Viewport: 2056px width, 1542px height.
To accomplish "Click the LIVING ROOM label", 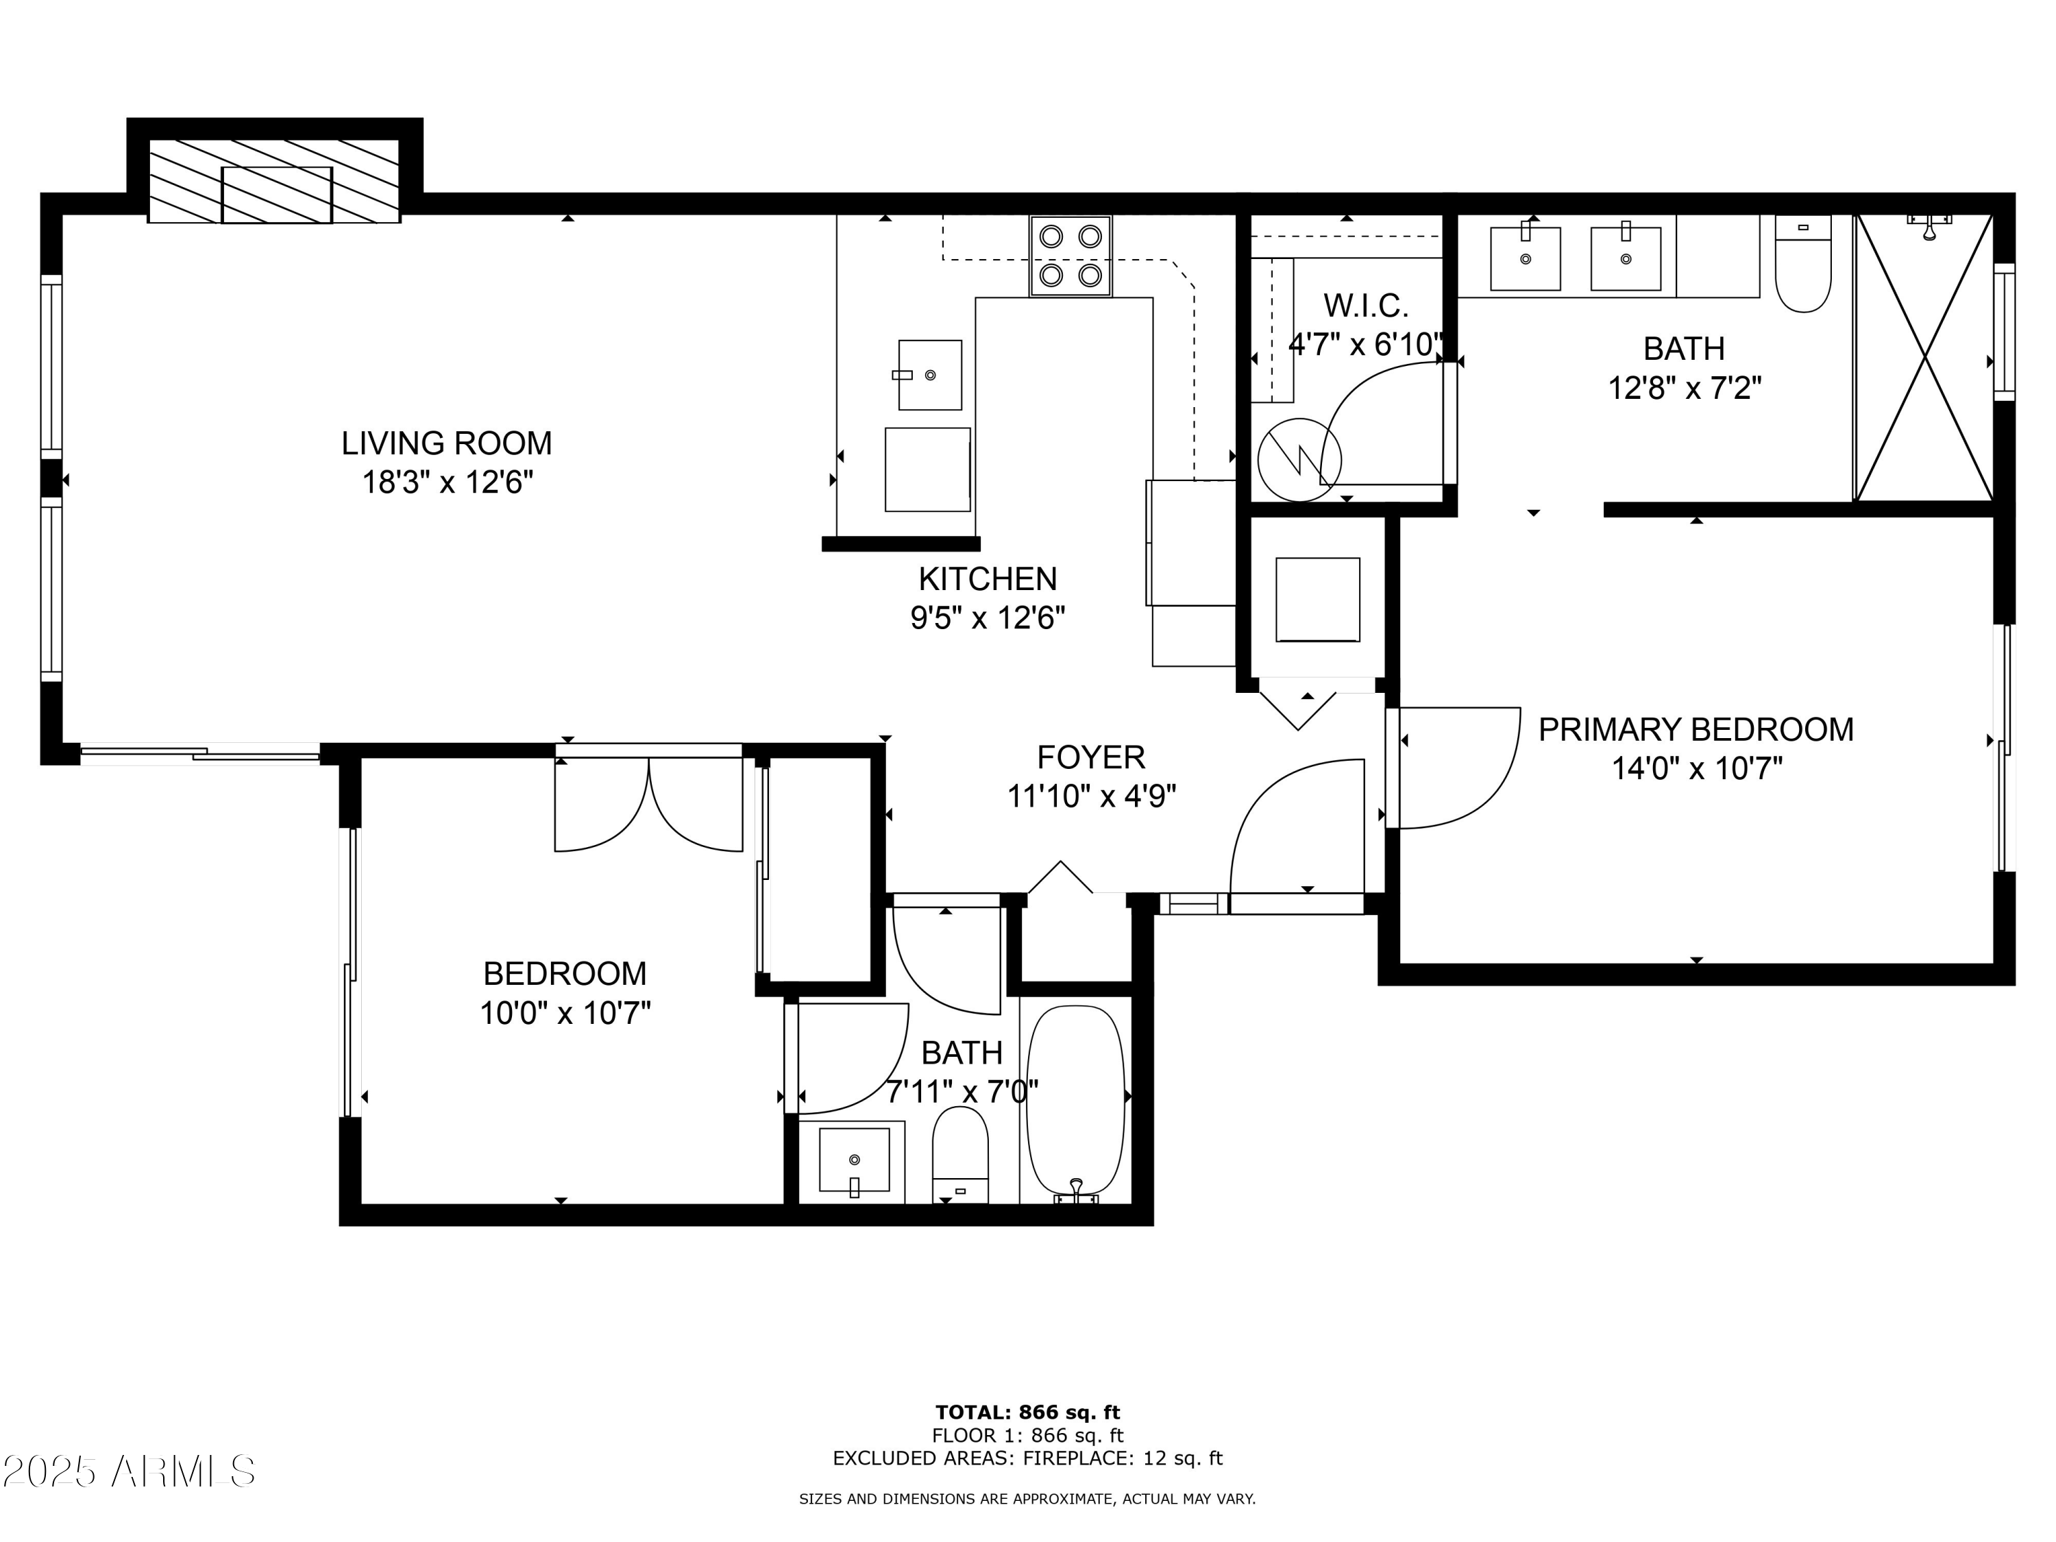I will [446, 443].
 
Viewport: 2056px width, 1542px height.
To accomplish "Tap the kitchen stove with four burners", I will [1070, 256].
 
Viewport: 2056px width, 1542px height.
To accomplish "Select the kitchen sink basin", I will [929, 375].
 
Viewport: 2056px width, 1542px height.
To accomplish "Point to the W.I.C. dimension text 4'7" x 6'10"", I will [1365, 345].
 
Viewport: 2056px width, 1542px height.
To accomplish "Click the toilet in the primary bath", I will [1803, 265].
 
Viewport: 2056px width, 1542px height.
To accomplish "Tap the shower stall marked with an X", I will [1924, 358].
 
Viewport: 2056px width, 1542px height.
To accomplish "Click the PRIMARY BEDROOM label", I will [1696, 730].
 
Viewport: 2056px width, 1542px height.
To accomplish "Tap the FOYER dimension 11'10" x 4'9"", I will [1091, 796].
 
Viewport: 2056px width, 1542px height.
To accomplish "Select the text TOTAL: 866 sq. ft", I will [1027, 1412].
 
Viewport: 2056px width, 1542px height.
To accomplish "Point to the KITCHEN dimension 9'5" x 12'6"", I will [987, 618].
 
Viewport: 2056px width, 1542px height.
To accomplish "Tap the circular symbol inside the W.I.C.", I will [1299, 459].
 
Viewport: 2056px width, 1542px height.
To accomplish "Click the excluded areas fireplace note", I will [1027, 1458].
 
